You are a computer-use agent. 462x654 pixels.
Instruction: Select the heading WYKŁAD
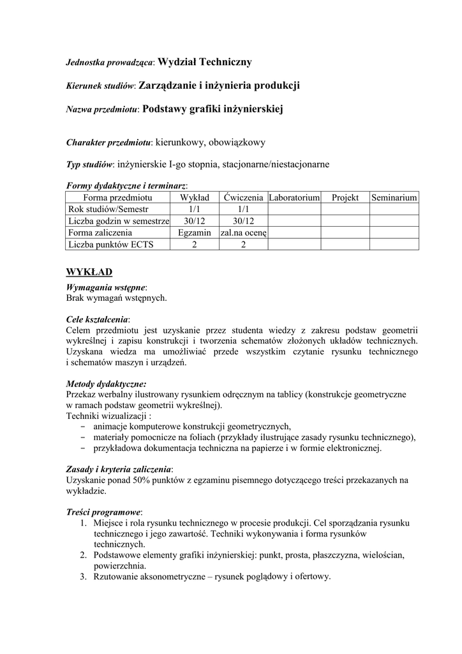[89, 272]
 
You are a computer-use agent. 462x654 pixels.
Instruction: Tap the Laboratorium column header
[294, 198]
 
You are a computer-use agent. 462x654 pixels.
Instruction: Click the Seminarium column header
[394, 198]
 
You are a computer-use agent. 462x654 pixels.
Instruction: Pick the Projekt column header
[345, 198]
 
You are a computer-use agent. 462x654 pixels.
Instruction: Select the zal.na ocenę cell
[243, 232]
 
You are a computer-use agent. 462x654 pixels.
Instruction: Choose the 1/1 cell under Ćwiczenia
[243, 209]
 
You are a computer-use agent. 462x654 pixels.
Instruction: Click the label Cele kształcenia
[97, 319]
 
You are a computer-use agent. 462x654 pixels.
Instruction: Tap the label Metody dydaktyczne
[106, 384]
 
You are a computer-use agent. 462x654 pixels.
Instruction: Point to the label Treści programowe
[103, 512]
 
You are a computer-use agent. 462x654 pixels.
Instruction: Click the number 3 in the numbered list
[83, 577]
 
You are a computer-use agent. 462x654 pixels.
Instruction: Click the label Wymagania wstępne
[105, 287]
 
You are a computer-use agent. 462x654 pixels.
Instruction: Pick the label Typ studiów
[90, 164]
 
